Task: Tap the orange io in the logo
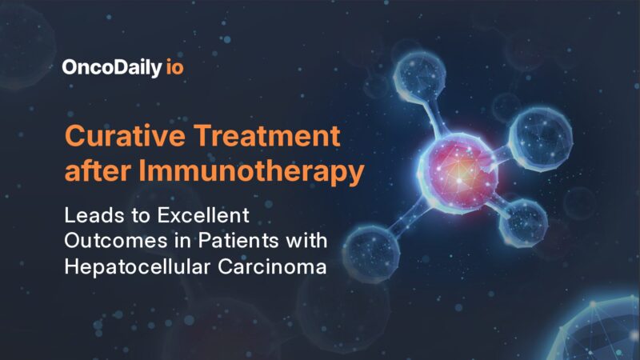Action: click(175, 68)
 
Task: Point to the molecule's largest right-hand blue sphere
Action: click(542, 131)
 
